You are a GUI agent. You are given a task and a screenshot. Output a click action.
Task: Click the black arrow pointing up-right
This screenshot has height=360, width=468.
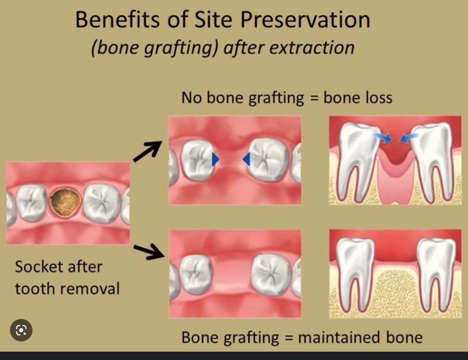147,150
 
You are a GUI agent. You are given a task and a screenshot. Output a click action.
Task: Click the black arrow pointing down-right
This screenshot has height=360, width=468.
148,251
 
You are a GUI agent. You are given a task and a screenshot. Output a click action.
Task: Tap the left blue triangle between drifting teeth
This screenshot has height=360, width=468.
215,159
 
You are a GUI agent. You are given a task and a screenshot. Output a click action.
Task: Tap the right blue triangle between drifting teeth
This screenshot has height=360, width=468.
246,159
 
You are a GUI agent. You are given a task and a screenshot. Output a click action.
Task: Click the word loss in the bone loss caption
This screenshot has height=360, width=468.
378,98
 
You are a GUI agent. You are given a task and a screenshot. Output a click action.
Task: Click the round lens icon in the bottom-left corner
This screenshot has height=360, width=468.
21,330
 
